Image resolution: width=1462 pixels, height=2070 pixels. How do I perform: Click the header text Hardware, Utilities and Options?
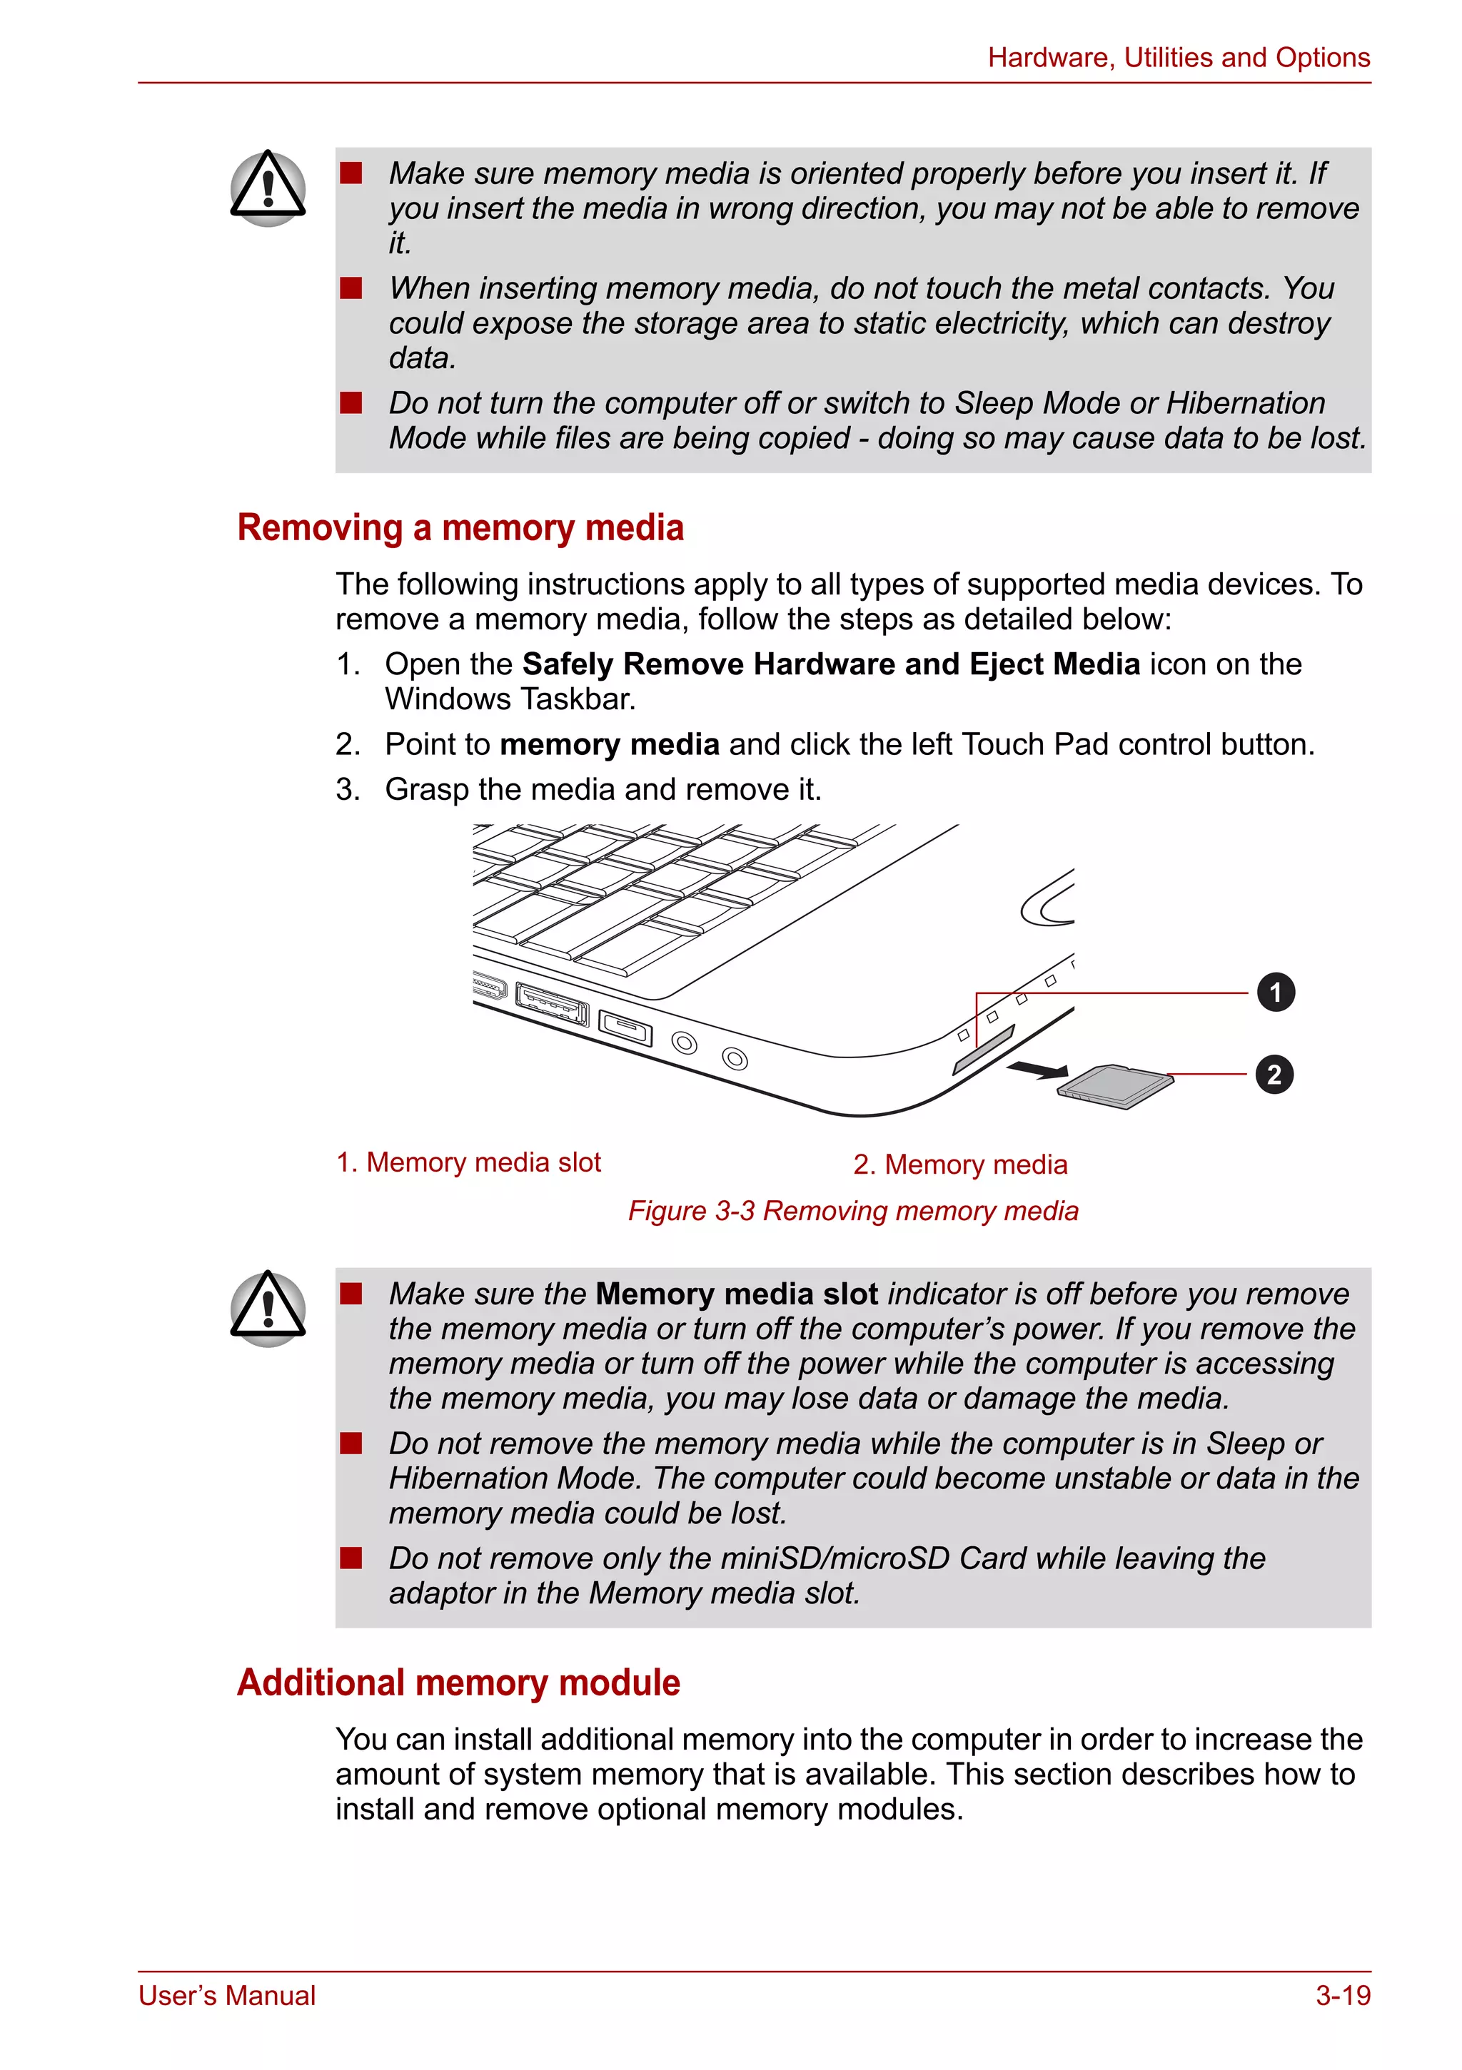point(1178,58)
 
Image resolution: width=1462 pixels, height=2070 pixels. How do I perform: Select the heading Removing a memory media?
point(460,527)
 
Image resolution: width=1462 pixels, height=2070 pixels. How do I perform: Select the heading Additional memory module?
point(458,1683)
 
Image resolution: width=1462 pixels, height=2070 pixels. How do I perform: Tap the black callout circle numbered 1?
point(1275,993)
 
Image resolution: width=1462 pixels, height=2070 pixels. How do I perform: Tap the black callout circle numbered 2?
point(1274,1075)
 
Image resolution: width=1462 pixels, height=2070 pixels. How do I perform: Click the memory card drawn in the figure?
point(1116,1087)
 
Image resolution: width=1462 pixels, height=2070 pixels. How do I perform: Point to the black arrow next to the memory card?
point(1037,1070)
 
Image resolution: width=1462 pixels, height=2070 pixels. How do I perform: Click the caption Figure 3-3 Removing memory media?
point(852,1210)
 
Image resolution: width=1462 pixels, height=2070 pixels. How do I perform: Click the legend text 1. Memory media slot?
point(468,1162)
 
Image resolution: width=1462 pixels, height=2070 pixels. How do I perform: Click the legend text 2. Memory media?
point(959,1164)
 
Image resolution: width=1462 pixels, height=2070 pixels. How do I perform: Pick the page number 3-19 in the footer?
point(1342,1995)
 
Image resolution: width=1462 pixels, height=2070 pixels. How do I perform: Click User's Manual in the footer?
point(227,1995)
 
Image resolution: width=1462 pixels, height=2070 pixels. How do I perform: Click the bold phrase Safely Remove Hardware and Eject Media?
point(831,664)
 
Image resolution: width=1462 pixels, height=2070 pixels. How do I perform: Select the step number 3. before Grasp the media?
point(347,789)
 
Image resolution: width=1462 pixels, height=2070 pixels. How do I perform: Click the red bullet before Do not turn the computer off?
point(351,402)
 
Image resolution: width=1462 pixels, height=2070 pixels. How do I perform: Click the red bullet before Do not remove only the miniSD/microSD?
point(351,1558)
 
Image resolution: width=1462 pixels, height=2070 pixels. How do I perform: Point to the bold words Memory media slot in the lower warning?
point(736,1294)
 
